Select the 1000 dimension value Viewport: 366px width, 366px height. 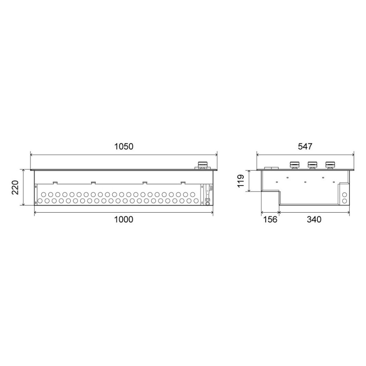[123, 219]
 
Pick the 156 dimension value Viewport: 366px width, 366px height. [270, 219]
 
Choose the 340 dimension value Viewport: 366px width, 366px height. [314, 219]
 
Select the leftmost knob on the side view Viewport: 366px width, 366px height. [294, 165]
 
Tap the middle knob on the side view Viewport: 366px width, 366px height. [312, 165]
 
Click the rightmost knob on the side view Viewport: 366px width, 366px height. [330, 165]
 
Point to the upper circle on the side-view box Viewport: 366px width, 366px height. [344, 194]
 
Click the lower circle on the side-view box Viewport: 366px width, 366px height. [344, 201]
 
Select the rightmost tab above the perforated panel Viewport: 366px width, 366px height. [183, 182]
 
